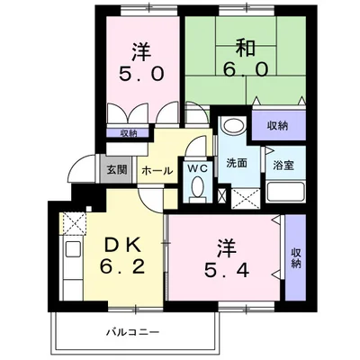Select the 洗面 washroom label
tap(237, 165)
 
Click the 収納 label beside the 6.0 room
tap(278, 125)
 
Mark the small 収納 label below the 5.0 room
tap(129, 133)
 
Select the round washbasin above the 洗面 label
tap(231, 126)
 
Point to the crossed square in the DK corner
tap(73, 223)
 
